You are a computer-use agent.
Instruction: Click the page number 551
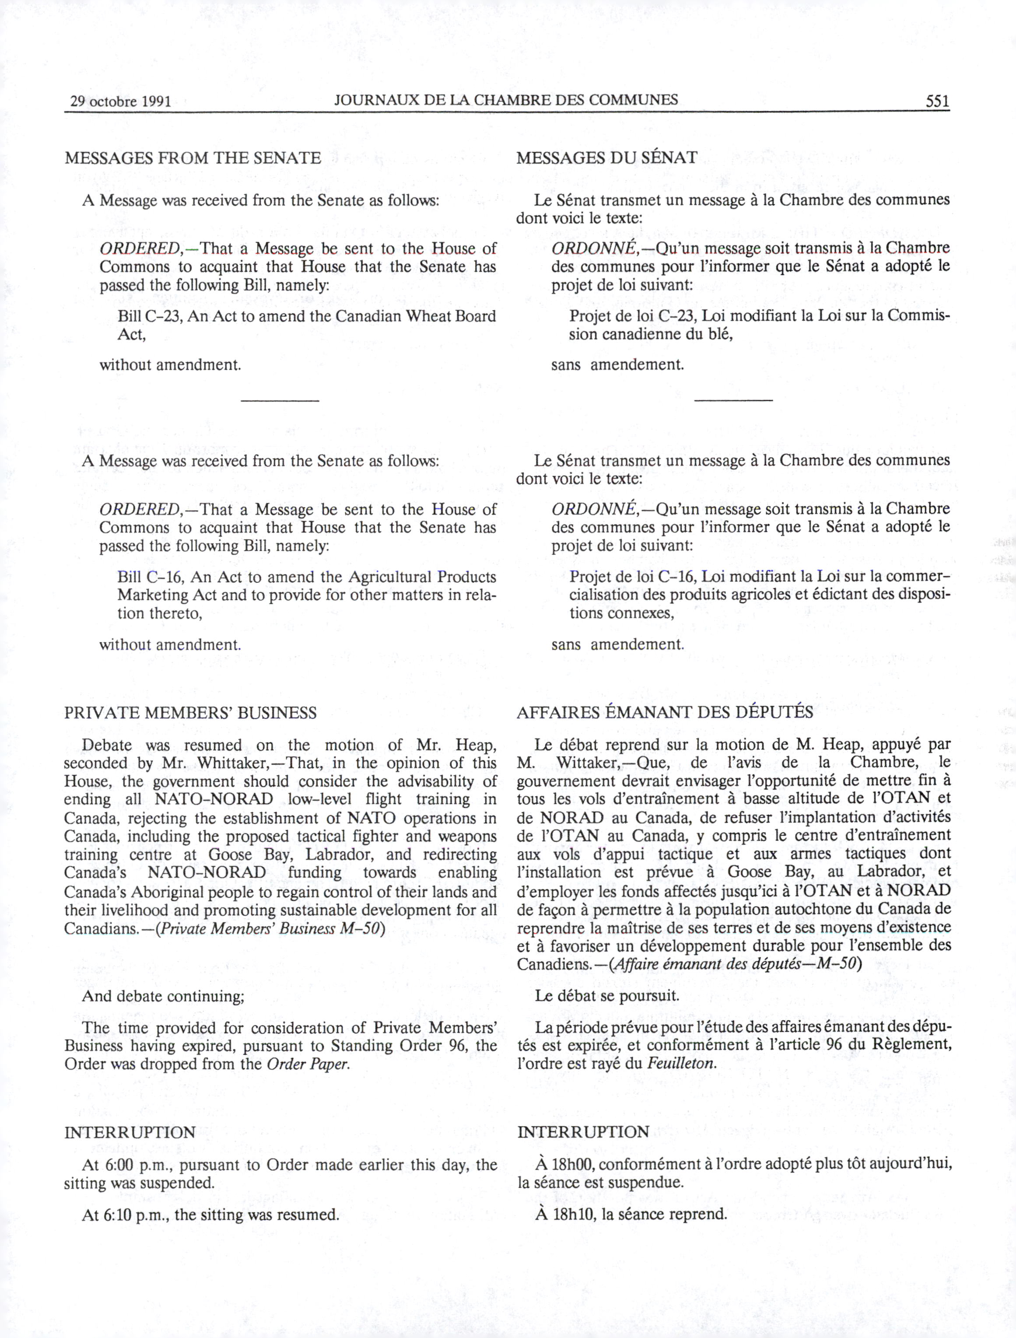click(937, 101)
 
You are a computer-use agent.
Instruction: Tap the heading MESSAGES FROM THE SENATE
click(193, 158)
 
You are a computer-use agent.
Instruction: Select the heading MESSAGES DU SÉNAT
click(606, 158)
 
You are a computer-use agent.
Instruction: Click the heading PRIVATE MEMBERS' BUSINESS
click(190, 713)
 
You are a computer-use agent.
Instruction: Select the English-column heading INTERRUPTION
click(130, 1132)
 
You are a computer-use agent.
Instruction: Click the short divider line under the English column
click(280, 400)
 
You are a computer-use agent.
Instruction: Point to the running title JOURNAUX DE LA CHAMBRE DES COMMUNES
click(506, 100)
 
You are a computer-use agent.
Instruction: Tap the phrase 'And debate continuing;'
click(163, 996)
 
